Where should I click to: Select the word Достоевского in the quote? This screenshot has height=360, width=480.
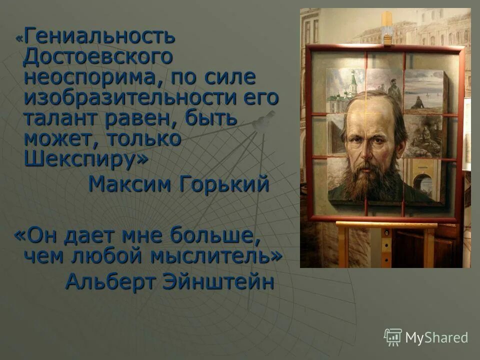pyautogui.click(x=98, y=56)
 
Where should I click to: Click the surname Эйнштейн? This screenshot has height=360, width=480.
pyautogui.click(x=218, y=281)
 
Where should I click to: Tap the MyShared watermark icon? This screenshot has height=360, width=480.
pyautogui.click(x=393, y=337)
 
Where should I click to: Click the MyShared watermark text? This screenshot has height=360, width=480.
pyautogui.click(x=436, y=338)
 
